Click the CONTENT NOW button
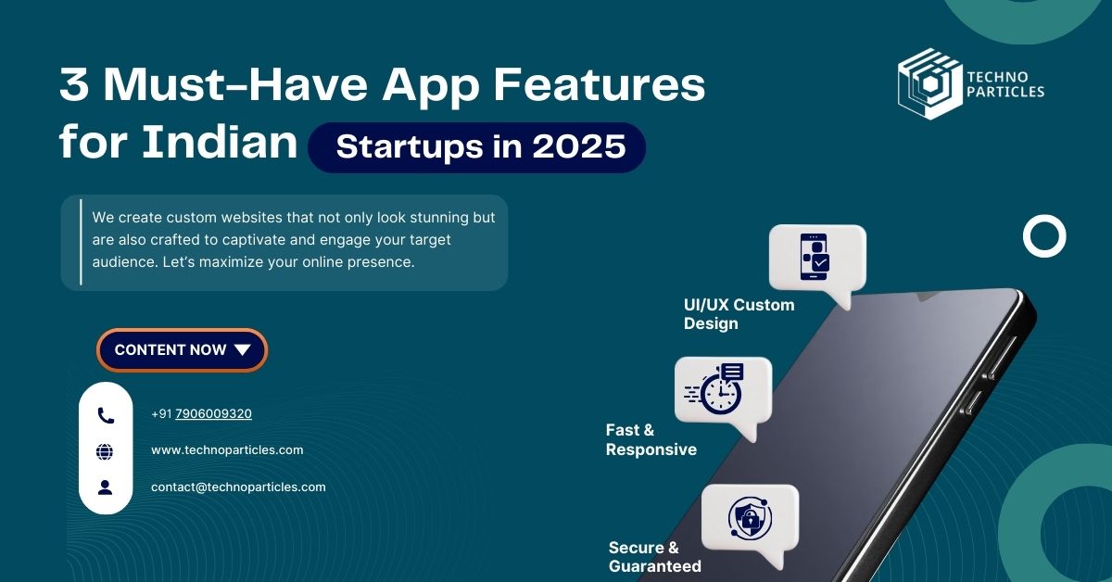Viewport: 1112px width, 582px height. point(183,350)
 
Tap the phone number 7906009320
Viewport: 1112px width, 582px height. point(213,413)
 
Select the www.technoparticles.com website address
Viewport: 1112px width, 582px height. point(227,449)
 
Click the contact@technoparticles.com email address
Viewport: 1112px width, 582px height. point(238,487)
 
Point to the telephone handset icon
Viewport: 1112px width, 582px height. point(106,415)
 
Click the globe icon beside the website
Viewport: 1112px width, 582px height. point(104,452)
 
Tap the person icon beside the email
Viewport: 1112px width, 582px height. point(105,487)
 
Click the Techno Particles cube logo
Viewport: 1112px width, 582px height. point(929,83)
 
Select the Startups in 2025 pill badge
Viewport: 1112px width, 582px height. point(476,147)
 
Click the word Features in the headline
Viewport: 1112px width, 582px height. point(600,85)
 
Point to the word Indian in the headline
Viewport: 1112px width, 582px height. point(220,142)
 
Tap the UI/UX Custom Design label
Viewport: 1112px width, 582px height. point(739,314)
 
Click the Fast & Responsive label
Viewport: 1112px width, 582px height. point(651,439)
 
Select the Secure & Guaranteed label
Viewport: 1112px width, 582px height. point(655,557)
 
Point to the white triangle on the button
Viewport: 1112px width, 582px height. point(242,350)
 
